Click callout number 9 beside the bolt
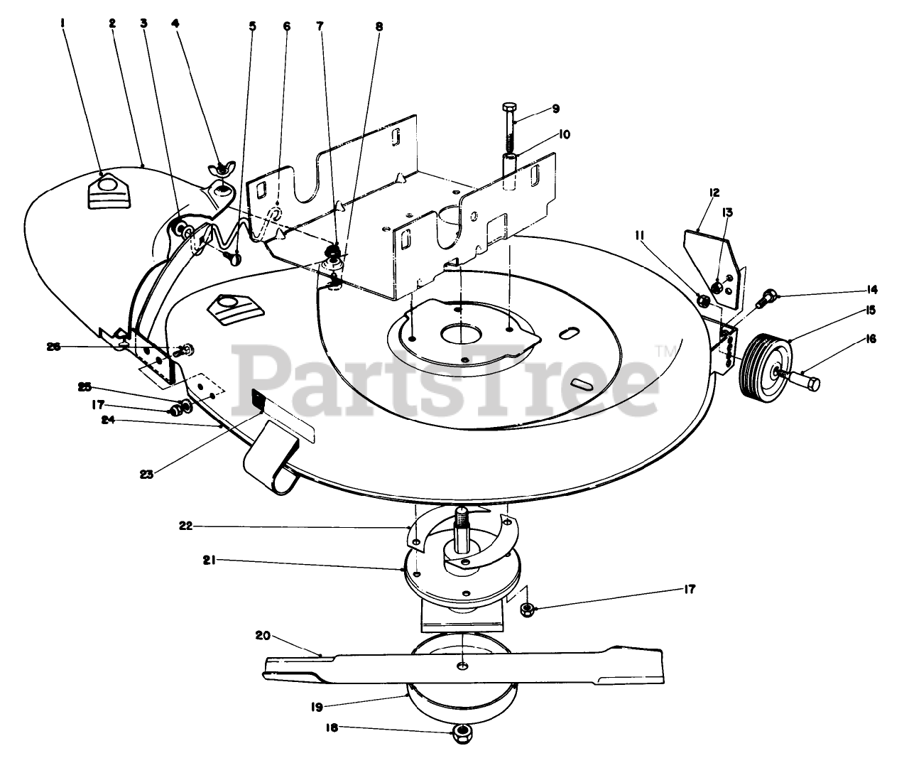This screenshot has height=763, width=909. pyautogui.click(x=555, y=109)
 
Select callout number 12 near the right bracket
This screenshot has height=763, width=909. pyautogui.click(x=694, y=192)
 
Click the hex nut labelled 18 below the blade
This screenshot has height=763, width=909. pyautogui.click(x=462, y=733)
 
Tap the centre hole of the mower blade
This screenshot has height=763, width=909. pyautogui.click(x=462, y=665)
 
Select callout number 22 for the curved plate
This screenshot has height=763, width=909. pyautogui.click(x=185, y=526)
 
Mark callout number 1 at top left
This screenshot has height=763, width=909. pyautogui.click(x=63, y=23)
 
